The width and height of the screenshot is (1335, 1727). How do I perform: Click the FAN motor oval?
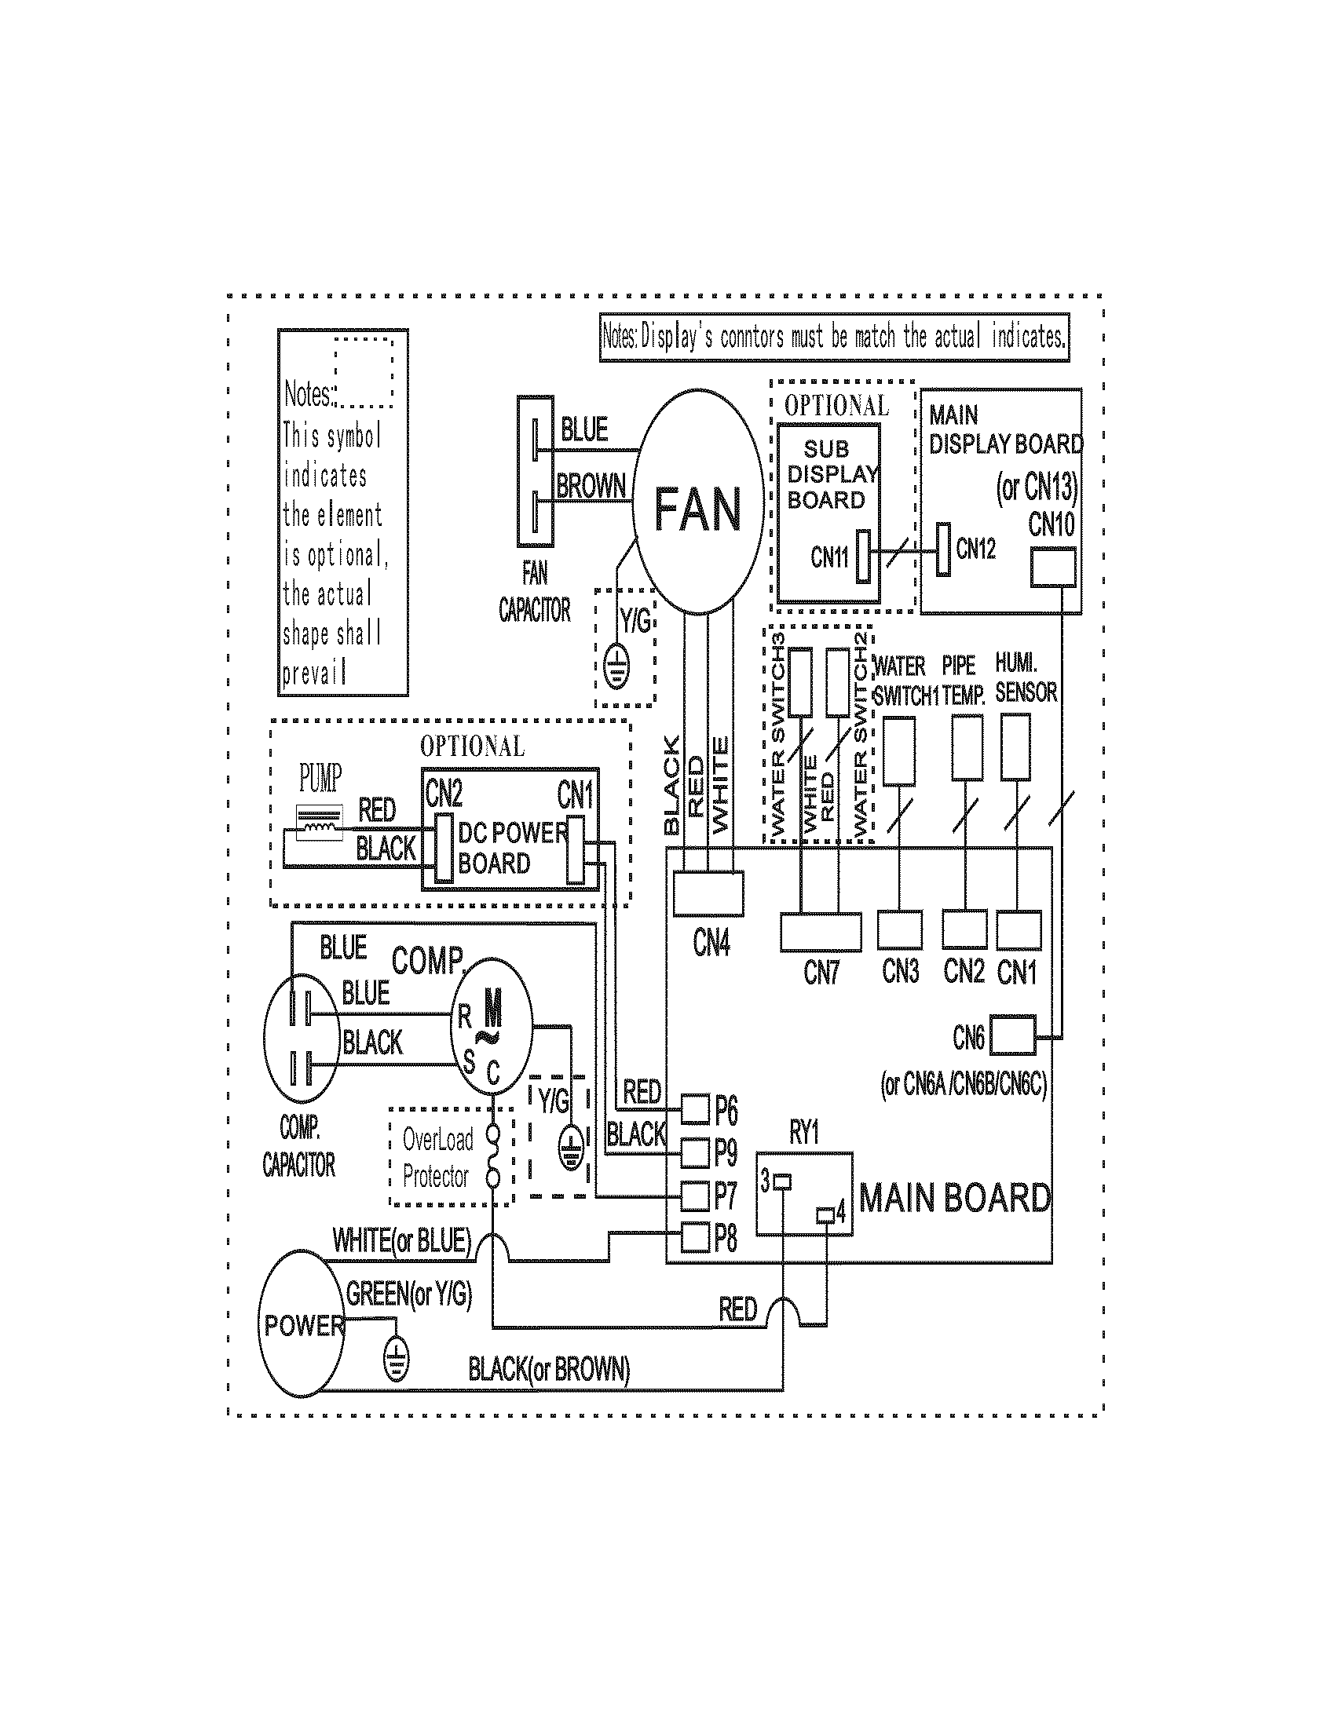click(x=698, y=502)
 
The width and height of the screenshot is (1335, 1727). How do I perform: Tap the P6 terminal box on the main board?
click(x=695, y=1109)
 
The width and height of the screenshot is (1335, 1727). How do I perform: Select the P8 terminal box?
click(x=695, y=1236)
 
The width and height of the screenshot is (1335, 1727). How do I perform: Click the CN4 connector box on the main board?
click(x=708, y=893)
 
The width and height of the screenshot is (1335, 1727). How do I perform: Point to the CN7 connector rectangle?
click(x=820, y=933)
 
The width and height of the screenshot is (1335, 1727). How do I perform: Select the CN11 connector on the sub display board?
click(x=863, y=556)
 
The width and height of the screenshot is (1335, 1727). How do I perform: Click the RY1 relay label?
click(x=804, y=1133)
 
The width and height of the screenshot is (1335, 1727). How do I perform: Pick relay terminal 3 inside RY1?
click(x=782, y=1182)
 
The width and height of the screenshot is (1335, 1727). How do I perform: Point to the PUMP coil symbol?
click(x=319, y=824)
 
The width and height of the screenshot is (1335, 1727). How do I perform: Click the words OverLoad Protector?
click(x=437, y=1159)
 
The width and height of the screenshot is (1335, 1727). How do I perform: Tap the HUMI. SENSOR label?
click(x=1025, y=677)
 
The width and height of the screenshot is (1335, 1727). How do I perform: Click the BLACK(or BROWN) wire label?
click(x=549, y=1368)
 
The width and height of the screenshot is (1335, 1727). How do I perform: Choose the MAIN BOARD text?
click(x=955, y=1198)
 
